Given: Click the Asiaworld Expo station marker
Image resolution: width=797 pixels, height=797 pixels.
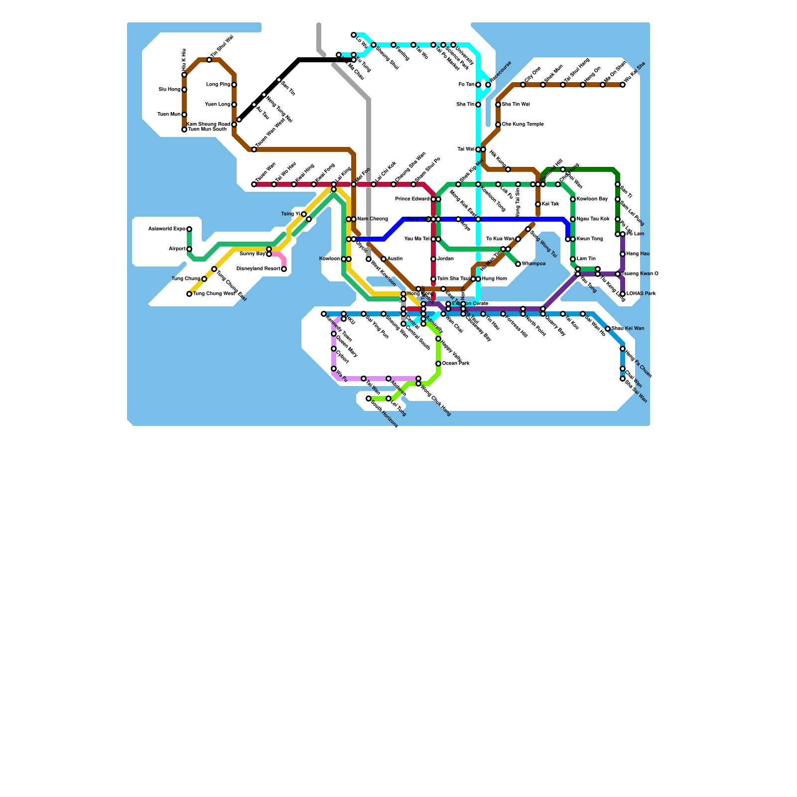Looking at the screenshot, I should pos(189,229).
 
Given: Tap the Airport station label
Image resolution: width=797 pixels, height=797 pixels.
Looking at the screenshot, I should pos(177,249).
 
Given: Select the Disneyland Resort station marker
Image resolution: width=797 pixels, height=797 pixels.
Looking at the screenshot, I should pos(284,269).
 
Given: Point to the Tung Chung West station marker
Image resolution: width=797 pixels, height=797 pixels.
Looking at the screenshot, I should pos(189,294).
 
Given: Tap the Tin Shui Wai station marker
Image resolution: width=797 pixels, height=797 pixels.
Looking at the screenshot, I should pos(209,60).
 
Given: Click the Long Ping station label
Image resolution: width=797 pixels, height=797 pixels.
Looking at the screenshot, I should pos(218,85).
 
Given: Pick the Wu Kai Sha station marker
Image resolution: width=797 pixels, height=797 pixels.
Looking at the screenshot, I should pos(623,85).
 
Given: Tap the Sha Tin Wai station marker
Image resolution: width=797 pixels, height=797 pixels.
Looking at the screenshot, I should pos(498,105).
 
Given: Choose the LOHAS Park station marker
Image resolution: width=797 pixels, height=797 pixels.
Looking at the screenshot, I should pos(623,294).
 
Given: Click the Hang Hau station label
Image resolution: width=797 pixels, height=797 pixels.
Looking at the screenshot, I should pos(638,254).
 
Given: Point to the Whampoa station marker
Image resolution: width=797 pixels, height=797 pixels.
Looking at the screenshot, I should pos(518,264).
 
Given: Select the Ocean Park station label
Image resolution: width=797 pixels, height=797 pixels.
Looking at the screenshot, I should pos(456,364).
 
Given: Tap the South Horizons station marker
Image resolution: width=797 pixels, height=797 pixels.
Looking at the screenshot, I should pos(369,398).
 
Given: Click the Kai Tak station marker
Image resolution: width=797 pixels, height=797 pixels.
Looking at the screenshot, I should pos(538,204).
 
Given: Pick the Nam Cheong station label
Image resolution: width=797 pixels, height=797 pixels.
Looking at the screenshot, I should pos(373,219).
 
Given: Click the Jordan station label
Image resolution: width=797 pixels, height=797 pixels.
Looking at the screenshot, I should pos(445,259).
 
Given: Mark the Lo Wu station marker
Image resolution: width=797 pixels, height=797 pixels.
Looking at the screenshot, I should pos(354,35).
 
